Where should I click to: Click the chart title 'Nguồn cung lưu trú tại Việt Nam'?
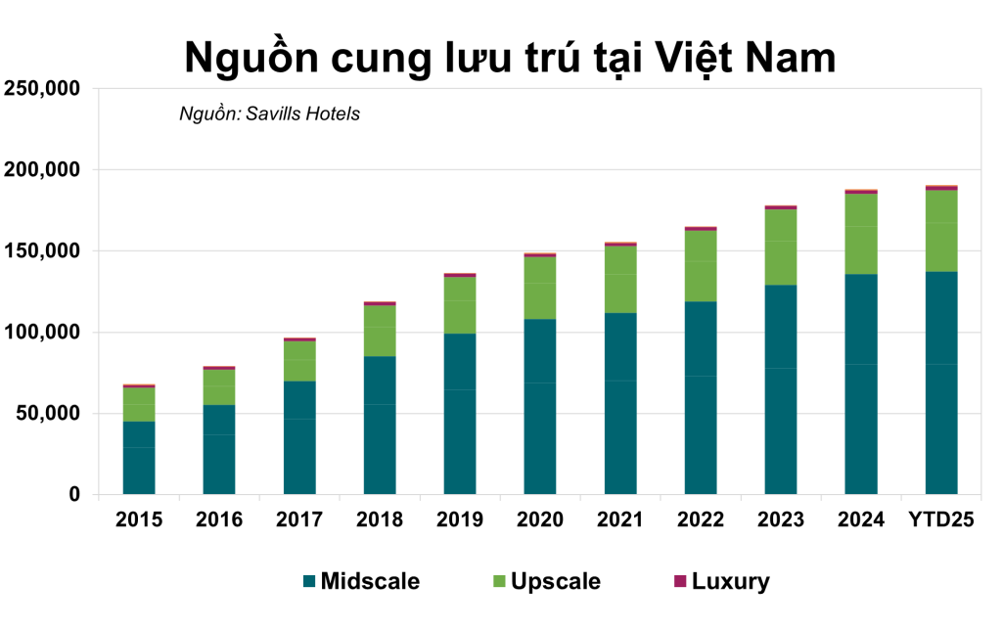click(x=510, y=57)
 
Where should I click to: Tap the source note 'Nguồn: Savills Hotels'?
click(x=269, y=114)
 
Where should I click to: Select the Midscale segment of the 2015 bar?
click(x=139, y=457)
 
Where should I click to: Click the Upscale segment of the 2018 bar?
click(x=380, y=331)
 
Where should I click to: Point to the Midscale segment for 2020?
click(x=540, y=406)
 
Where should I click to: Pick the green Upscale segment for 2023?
click(x=781, y=247)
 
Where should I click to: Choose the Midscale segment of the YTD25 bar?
click(x=941, y=382)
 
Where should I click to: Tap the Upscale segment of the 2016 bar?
click(x=219, y=386)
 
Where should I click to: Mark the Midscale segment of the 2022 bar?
click(x=701, y=397)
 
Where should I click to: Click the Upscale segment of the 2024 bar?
click(x=861, y=234)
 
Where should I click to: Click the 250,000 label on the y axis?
click(x=43, y=89)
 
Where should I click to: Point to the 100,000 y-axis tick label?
click(x=43, y=333)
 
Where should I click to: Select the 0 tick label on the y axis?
click(x=74, y=495)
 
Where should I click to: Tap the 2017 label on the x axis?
click(x=299, y=519)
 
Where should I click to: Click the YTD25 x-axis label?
click(x=941, y=519)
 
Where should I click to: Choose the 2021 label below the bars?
click(x=620, y=519)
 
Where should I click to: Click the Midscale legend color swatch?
click(x=310, y=582)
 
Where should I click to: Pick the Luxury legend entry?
click(x=730, y=582)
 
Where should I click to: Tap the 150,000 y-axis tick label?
click(x=43, y=251)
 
